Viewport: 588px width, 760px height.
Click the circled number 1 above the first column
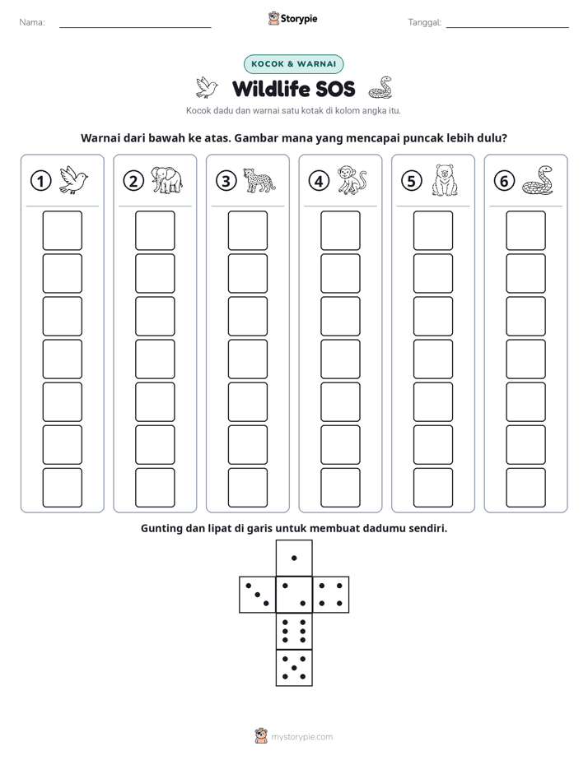(40, 181)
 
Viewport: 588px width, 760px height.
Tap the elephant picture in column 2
(166, 180)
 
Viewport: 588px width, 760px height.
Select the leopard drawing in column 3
(259, 180)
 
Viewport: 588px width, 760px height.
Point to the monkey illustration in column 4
(352, 180)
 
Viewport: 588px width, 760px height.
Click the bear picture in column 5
(445, 180)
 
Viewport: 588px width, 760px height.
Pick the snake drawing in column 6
(538, 180)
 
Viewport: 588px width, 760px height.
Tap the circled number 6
(504, 181)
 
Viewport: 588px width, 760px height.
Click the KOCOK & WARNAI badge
(293, 64)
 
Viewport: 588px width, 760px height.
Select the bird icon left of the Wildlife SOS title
(207, 88)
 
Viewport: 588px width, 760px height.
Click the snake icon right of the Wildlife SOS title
(380, 88)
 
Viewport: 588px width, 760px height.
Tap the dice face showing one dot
(294, 558)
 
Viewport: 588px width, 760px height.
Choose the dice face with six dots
(294, 631)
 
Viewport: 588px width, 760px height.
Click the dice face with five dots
(294, 667)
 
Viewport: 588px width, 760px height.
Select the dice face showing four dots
(330, 595)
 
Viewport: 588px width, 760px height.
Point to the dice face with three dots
(258, 595)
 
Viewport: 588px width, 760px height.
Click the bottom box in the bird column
(62, 488)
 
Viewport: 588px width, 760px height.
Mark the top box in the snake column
(525, 230)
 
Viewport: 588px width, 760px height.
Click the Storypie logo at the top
(292, 19)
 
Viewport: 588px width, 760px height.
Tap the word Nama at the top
(32, 22)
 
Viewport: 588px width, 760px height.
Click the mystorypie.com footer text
(301, 737)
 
